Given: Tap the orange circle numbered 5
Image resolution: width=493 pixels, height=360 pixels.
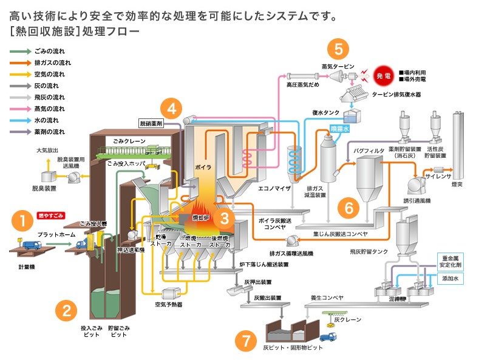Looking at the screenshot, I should coord(338,48).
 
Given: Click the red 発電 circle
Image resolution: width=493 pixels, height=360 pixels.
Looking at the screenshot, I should coord(384,76).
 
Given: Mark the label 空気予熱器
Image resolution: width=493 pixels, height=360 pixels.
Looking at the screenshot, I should coord(168,304).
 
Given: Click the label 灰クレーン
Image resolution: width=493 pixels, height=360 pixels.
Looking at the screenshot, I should coord(347,319).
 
